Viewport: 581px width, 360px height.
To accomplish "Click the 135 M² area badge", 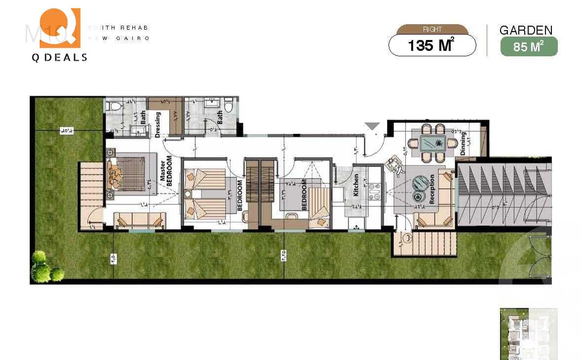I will tap(432, 46).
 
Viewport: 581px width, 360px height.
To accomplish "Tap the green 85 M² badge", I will tap(529, 47).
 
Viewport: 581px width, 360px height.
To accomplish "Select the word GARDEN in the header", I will tap(526, 30).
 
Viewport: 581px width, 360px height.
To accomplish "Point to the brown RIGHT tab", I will tap(432, 30).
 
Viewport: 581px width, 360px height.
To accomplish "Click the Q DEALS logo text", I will tap(59, 57).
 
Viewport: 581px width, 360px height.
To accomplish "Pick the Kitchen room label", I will tap(356, 185).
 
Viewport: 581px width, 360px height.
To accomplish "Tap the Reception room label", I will tap(433, 189).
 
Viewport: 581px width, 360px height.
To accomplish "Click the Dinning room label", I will tap(463, 144).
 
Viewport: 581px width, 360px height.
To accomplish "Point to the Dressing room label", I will tap(158, 123).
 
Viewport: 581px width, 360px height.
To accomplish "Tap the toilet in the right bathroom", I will tap(228, 106).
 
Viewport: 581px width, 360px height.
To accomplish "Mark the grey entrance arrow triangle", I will tap(372, 126).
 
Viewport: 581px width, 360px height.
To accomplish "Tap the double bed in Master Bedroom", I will tap(127, 173).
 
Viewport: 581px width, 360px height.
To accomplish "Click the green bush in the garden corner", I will tap(44, 267).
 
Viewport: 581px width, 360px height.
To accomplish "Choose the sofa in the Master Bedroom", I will tap(139, 220).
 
